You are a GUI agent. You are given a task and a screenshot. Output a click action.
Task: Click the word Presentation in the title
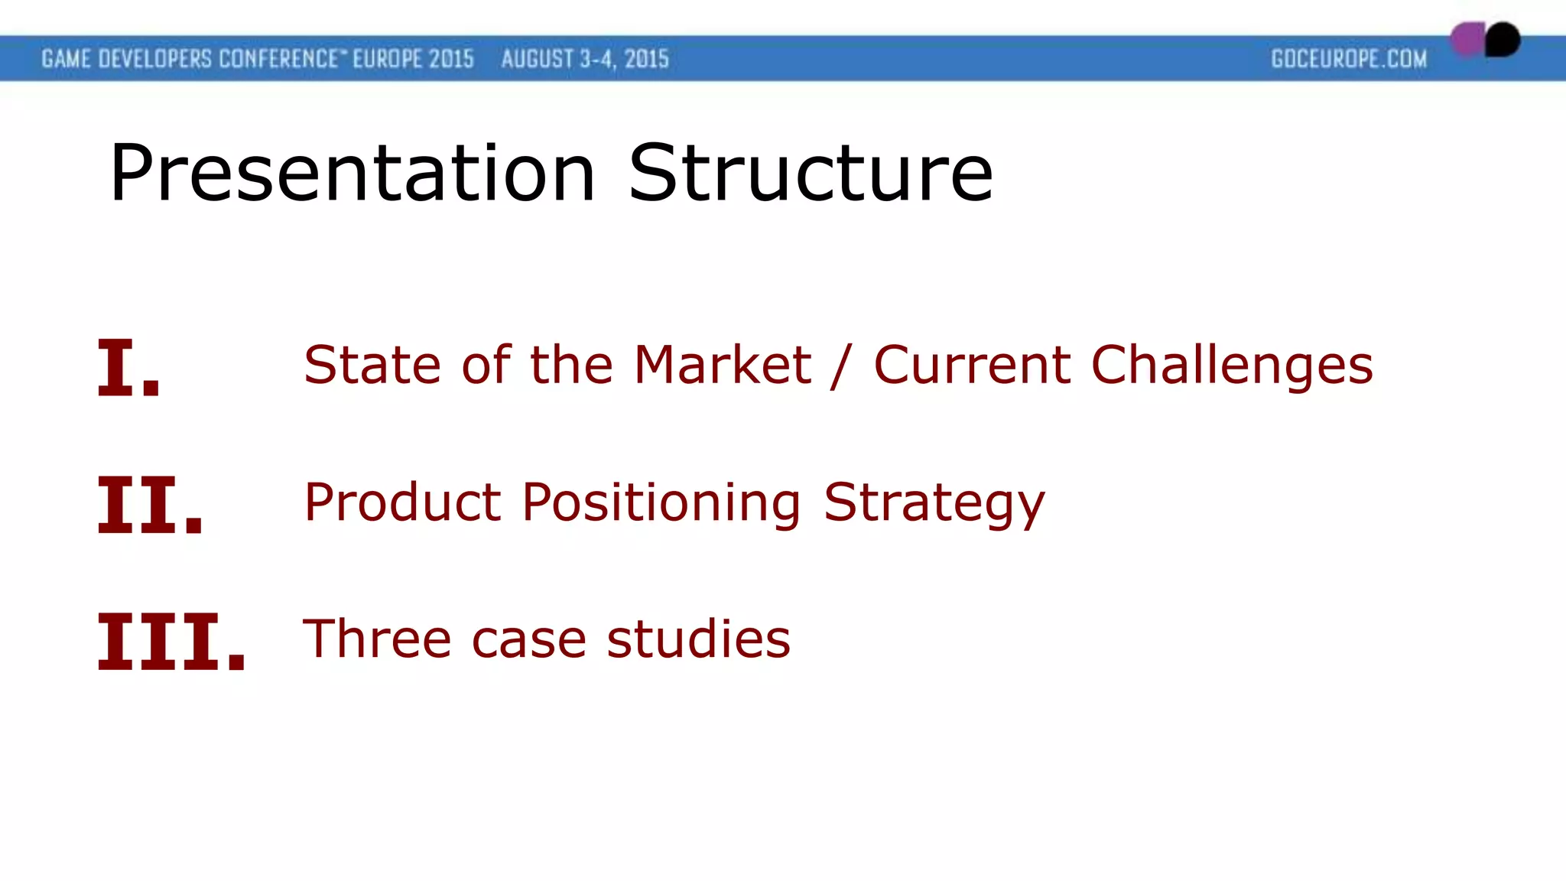[352, 174]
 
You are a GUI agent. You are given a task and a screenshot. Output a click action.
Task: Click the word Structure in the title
[811, 174]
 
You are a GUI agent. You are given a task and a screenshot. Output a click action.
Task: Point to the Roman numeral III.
[171, 642]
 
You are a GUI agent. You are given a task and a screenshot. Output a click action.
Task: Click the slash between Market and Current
[840, 366]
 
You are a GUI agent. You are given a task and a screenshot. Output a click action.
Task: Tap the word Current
[971, 365]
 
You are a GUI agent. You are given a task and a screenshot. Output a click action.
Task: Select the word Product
[402, 502]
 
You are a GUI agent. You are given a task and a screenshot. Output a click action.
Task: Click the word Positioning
[661, 504]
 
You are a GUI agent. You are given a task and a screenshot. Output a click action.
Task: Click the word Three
[377, 639]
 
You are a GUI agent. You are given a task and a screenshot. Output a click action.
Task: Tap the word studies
[698, 639]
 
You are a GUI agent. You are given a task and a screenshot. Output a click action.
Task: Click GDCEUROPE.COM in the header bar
[1349, 59]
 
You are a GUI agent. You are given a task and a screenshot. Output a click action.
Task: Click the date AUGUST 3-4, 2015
[585, 59]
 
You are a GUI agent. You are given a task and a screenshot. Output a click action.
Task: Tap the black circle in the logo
[1503, 39]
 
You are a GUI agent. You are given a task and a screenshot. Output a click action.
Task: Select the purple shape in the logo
[1467, 39]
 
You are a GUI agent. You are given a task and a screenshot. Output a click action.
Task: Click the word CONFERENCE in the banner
[278, 59]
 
